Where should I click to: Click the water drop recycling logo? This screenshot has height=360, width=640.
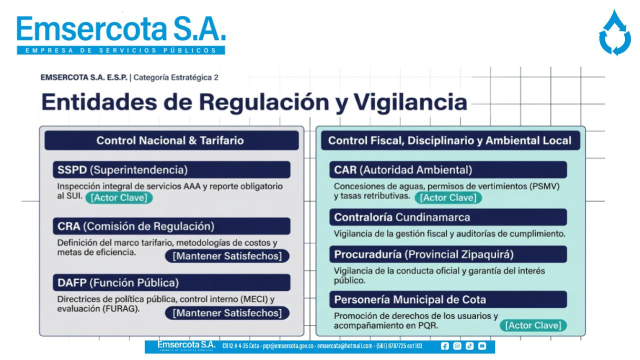(x=614, y=33)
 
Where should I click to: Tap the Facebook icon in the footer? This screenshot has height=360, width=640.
(x=444, y=346)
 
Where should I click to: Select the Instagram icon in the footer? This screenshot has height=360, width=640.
(x=457, y=346)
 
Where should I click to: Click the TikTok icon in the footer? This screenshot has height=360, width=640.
(x=469, y=346)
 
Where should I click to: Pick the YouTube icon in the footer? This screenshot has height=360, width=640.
(x=482, y=346)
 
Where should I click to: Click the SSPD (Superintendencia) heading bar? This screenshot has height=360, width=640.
(x=171, y=169)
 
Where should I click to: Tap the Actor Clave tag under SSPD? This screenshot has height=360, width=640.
(x=119, y=197)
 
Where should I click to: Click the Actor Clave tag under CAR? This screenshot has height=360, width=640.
(x=448, y=197)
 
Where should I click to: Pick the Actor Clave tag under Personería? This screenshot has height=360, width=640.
(x=533, y=325)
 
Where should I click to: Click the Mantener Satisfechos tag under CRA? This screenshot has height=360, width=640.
(x=227, y=256)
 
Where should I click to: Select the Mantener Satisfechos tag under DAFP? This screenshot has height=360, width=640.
(x=227, y=313)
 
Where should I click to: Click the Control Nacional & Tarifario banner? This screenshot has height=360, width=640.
(x=171, y=140)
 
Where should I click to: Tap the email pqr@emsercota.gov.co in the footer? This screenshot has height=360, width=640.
(x=288, y=346)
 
